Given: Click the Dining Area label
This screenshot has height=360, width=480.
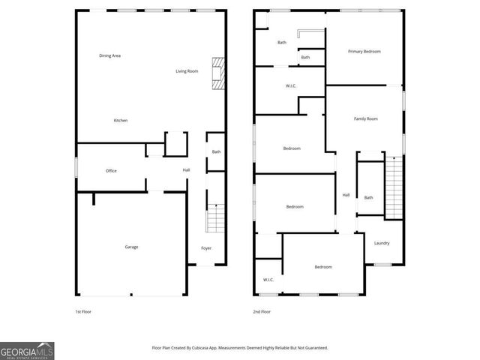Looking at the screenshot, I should click(x=110, y=55).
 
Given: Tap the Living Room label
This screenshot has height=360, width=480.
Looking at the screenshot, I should click(x=187, y=71).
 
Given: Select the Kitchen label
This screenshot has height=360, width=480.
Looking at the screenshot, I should click(x=120, y=121).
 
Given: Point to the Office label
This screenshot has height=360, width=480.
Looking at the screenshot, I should click(x=111, y=171).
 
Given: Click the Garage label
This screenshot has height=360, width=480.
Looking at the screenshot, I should click(x=131, y=247).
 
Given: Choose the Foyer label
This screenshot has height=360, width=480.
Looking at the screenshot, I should click(x=205, y=248).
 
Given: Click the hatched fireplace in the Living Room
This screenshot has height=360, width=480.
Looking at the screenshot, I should click(x=217, y=73).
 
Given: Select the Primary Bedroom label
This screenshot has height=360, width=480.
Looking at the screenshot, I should click(x=364, y=52).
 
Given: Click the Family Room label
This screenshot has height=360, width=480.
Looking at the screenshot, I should click(x=365, y=118).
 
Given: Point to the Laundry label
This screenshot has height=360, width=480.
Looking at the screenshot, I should click(x=382, y=243).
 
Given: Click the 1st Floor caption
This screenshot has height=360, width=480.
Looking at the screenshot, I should click(x=82, y=311).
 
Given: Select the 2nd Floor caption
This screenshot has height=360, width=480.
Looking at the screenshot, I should click(x=262, y=311).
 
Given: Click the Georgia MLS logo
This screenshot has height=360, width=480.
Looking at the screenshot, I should click(x=27, y=351).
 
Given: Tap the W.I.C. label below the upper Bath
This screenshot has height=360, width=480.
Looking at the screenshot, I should click(x=291, y=86).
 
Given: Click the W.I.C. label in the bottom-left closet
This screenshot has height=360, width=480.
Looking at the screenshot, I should click(x=268, y=280).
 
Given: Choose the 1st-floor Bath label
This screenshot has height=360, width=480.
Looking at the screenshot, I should click(x=216, y=152).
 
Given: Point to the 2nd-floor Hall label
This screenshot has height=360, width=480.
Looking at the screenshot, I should click(x=346, y=195).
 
